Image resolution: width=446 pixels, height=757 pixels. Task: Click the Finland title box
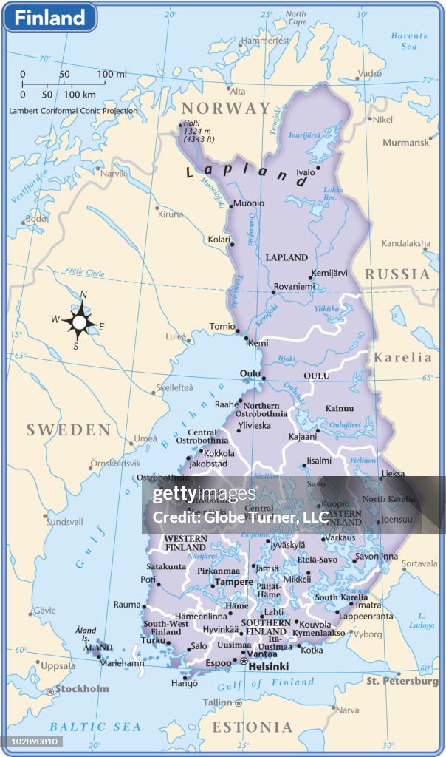click(x=50, y=18)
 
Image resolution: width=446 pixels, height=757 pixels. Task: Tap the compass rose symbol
click(x=80, y=322)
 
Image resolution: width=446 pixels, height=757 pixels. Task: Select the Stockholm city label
click(x=81, y=689)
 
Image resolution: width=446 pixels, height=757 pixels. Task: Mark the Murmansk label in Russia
click(x=406, y=143)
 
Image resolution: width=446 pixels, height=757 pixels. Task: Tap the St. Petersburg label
click(x=402, y=681)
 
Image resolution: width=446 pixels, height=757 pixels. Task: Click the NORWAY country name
click(x=226, y=109)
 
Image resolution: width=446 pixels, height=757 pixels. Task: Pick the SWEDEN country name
click(x=68, y=430)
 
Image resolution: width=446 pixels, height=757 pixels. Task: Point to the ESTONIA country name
click(x=252, y=728)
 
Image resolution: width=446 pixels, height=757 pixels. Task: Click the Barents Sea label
click(x=409, y=41)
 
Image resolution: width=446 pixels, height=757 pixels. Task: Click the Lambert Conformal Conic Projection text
click(x=73, y=111)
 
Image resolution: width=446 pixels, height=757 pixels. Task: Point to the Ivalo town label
click(x=305, y=172)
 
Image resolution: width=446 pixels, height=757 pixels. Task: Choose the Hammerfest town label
click(x=266, y=41)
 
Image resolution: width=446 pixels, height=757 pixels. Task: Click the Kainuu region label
click(x=340, y=409)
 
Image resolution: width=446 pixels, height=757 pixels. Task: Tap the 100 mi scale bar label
click(x=111, y=74)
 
